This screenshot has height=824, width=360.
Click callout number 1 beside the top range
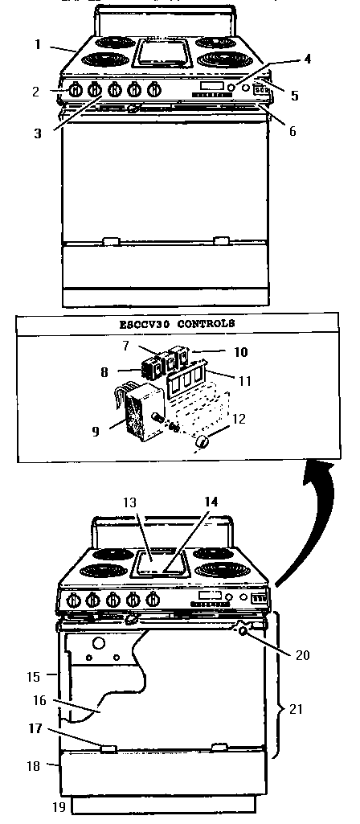pyautogui.click(x=37, y=44)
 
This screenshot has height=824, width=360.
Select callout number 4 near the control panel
pyautogui.click(x=308, y=59)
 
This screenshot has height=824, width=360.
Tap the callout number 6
pyautogui.click(x=292, y=131)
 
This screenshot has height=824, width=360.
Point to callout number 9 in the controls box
pyautogui.click(x=96, y=432)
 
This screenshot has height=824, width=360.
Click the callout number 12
pyautogui.click(x=239, y=420)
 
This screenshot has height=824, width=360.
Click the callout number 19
pyautogui.click(x=59, y=806)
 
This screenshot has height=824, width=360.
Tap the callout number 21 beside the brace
pyautogui.click(x=297, y=709)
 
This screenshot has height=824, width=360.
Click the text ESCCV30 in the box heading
pyautogui.click(x=145, y=324)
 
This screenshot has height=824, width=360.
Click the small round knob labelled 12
pyautogui.click(x=202, y=445)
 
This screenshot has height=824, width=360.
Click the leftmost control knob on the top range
pyautogui.click(x=75, y=90)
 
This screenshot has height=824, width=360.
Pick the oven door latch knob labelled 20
pyautogui.click(x=243, y=629)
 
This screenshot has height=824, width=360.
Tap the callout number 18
pyautogui.click(x=33, y=766)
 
